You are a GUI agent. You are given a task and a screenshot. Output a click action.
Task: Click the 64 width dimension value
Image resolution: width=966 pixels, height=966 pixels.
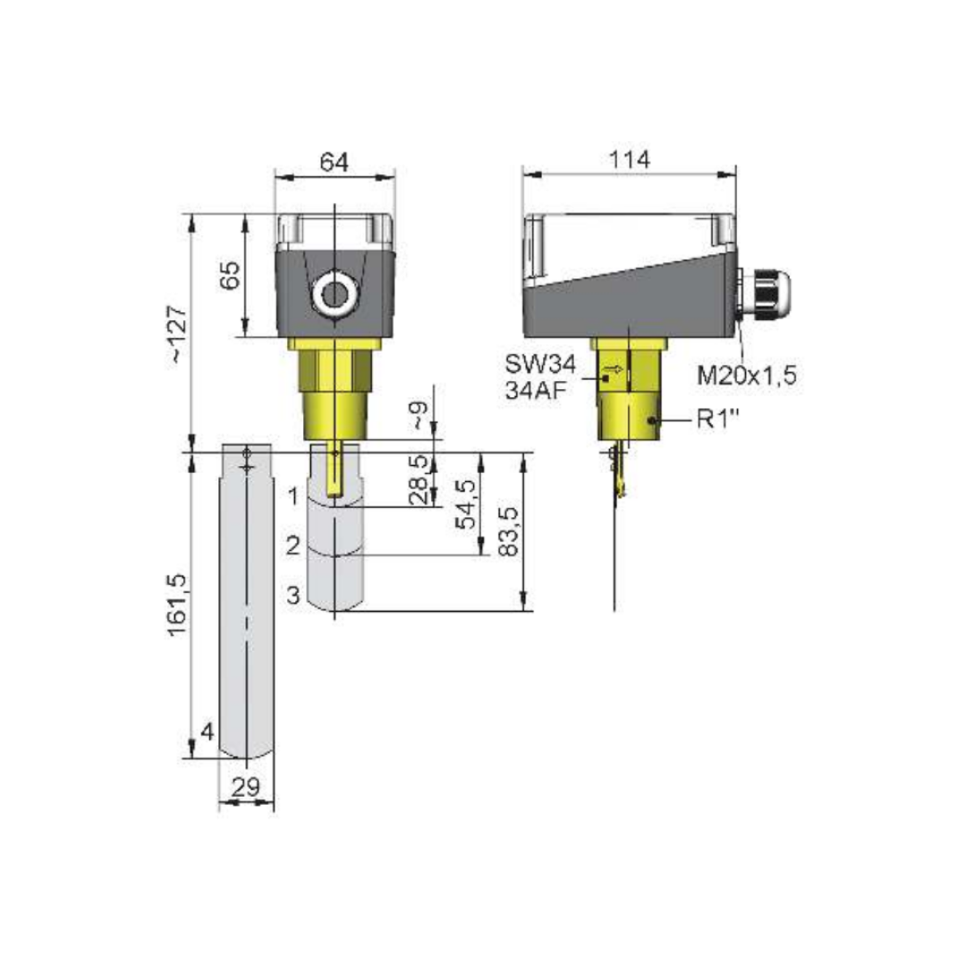pos(334,163)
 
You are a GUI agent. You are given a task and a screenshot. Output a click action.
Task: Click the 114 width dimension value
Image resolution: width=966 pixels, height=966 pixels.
pos(630,160)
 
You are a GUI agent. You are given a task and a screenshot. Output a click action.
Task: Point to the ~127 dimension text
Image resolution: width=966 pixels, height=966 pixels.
pos(177,334)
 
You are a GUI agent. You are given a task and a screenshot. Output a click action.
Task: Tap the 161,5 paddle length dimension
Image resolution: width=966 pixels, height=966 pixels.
pos(177,605)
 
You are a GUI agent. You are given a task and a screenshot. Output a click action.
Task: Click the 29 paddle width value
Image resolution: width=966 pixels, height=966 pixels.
pos(246,787)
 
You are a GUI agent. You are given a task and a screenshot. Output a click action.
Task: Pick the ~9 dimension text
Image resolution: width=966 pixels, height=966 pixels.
pos(419,415)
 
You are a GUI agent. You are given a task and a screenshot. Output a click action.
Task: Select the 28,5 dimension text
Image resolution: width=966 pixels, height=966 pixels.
pos(419,479)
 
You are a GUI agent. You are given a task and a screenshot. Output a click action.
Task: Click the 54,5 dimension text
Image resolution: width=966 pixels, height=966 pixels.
pos(466,504)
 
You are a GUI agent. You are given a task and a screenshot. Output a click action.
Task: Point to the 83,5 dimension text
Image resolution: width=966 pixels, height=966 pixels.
pos(510,532)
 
